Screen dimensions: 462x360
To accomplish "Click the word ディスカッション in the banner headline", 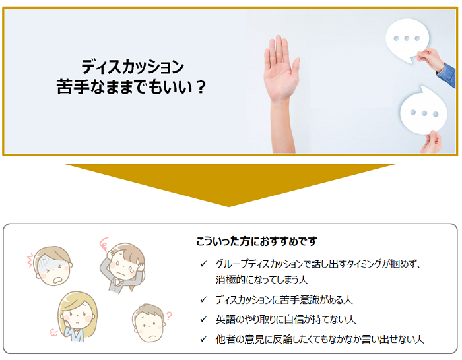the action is tap(133, 67).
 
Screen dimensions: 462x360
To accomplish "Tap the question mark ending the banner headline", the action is tap(201, 87).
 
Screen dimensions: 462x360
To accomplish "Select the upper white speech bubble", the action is tap(407, 40).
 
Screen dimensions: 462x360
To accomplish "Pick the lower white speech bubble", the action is tap(424, 110).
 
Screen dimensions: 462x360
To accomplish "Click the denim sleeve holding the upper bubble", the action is tap(447, 75).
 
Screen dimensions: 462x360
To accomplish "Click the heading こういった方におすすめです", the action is tap(257, 241).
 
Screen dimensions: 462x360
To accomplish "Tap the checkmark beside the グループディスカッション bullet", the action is tap(203, 264).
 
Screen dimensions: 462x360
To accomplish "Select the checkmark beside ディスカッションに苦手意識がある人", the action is tap(203, 299).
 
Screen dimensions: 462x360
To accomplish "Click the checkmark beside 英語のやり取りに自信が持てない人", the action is tap(203, 319).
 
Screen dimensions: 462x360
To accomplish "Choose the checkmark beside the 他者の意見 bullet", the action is tap(203, 339).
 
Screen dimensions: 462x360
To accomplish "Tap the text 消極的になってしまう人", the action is tap(261, 280).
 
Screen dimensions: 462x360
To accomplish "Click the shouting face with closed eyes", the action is tap(52, 266).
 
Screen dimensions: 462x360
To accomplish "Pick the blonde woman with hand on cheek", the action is tap(77, 316).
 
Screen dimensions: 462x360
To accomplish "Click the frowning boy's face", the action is tap(148, 323).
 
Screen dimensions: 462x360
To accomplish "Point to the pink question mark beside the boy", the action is tap(168, 316).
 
